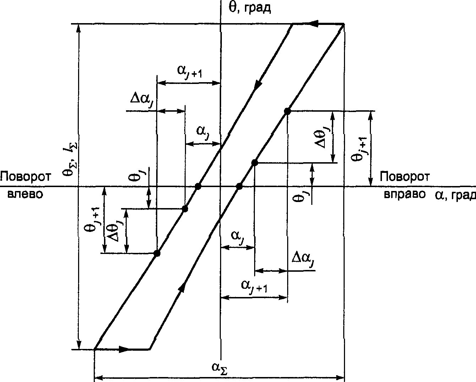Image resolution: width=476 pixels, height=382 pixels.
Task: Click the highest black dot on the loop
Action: point(287,111)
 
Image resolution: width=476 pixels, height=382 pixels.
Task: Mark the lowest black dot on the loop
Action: point(157,253)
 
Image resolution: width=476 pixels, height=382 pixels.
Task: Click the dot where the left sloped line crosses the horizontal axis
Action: point(198,186)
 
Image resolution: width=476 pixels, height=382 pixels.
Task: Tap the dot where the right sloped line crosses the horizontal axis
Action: point(239,186)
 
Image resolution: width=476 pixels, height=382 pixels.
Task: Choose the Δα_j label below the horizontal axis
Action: point(303,258)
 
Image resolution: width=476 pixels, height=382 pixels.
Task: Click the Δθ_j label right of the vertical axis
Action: point(322,138)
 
